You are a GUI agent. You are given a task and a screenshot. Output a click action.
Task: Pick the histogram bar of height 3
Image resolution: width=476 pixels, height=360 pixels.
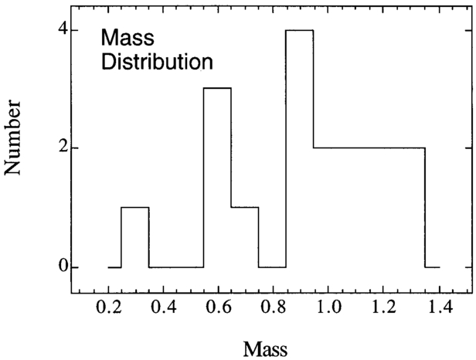coord(217,178)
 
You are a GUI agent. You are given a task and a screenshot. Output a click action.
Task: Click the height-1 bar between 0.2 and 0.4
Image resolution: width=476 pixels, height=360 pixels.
coord(135,237)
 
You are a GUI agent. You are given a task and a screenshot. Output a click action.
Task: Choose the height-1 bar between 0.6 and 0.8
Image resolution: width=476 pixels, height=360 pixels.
coord(245,237)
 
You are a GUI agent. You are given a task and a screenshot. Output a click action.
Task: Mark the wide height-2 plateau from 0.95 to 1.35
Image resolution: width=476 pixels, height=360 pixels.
coord(369,207)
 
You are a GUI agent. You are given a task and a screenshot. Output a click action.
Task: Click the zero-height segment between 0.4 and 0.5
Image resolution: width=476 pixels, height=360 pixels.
coord(176,267)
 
